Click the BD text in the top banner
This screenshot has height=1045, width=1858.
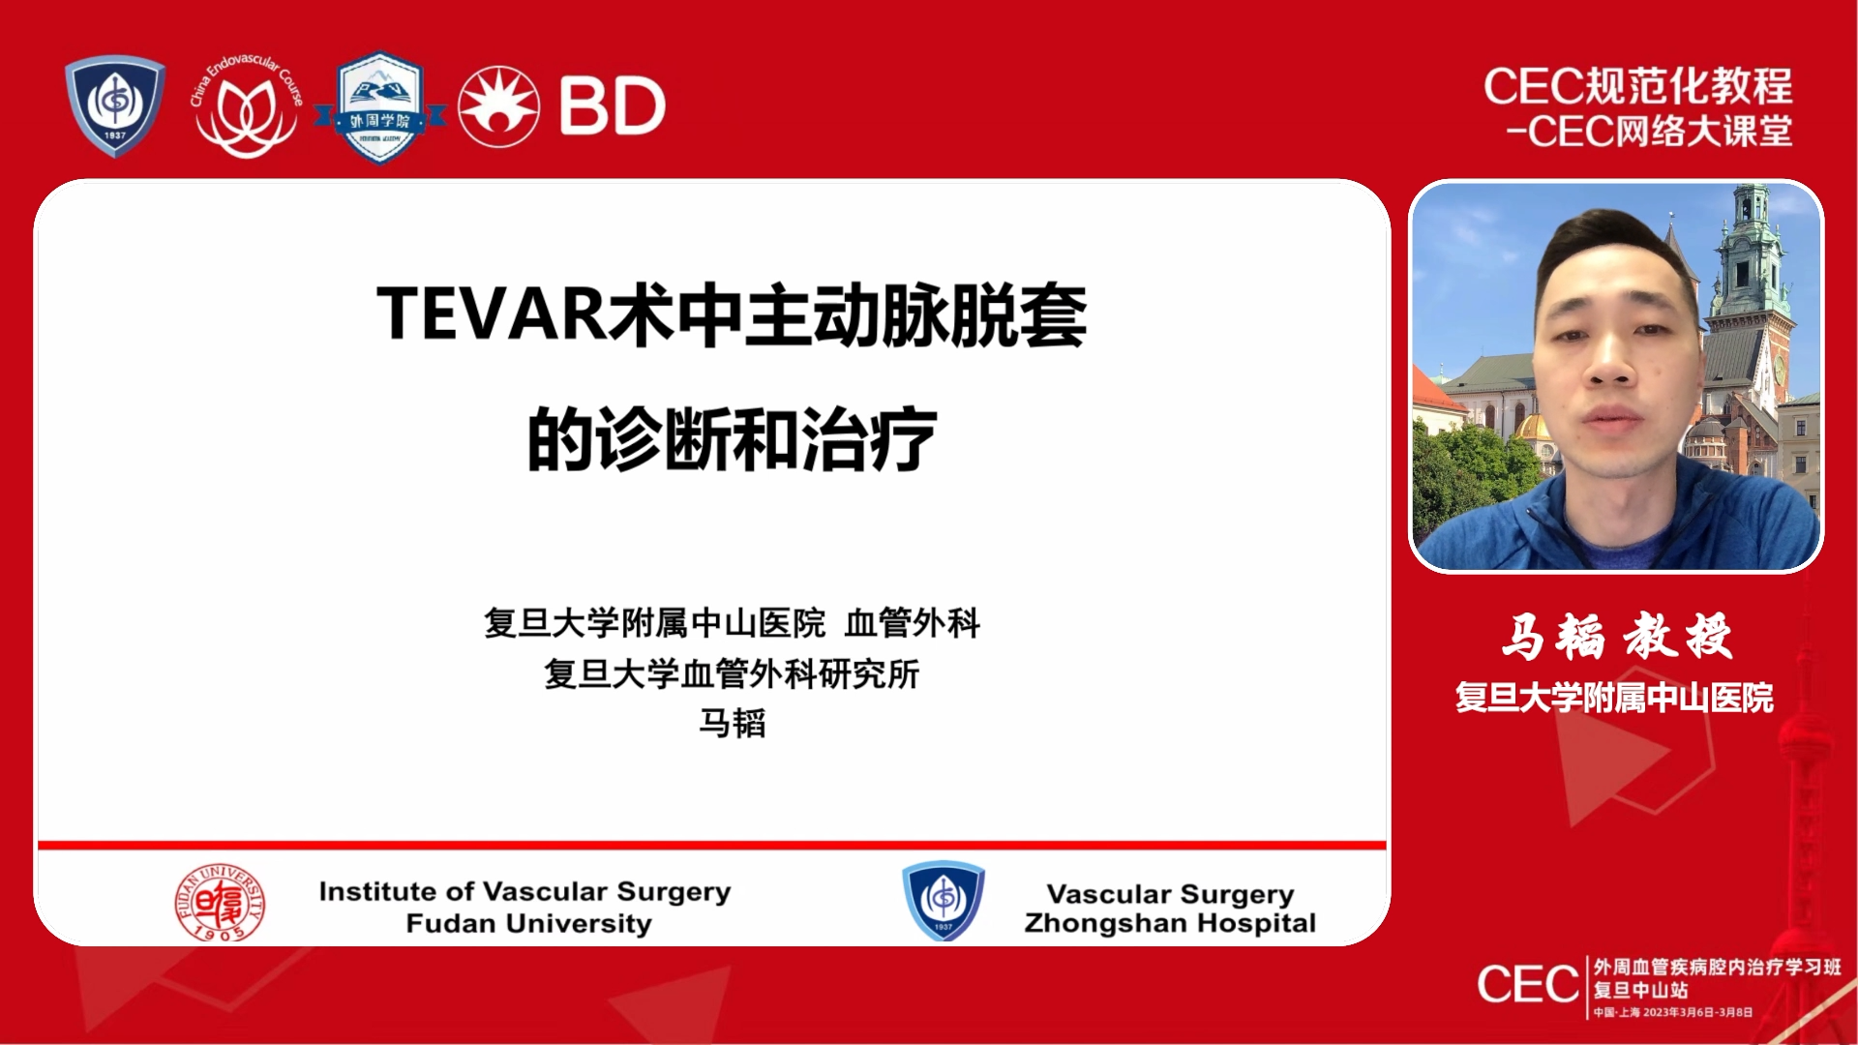612,106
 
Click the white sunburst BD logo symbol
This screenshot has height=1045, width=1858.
498,106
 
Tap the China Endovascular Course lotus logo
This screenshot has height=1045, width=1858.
247,108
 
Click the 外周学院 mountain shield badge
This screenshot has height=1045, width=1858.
379,108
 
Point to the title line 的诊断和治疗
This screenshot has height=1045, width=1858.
732,440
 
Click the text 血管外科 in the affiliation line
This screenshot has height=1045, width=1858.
912,623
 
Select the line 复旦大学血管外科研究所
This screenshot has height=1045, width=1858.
732,674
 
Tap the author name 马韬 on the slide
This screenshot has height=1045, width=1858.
732,724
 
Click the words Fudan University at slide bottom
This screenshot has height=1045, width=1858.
528,924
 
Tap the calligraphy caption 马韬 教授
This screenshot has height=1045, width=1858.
1615,637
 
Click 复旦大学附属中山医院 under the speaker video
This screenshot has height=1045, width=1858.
1614,698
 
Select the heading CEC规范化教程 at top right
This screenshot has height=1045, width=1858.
1637,87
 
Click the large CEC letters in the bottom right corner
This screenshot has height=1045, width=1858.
1527,985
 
